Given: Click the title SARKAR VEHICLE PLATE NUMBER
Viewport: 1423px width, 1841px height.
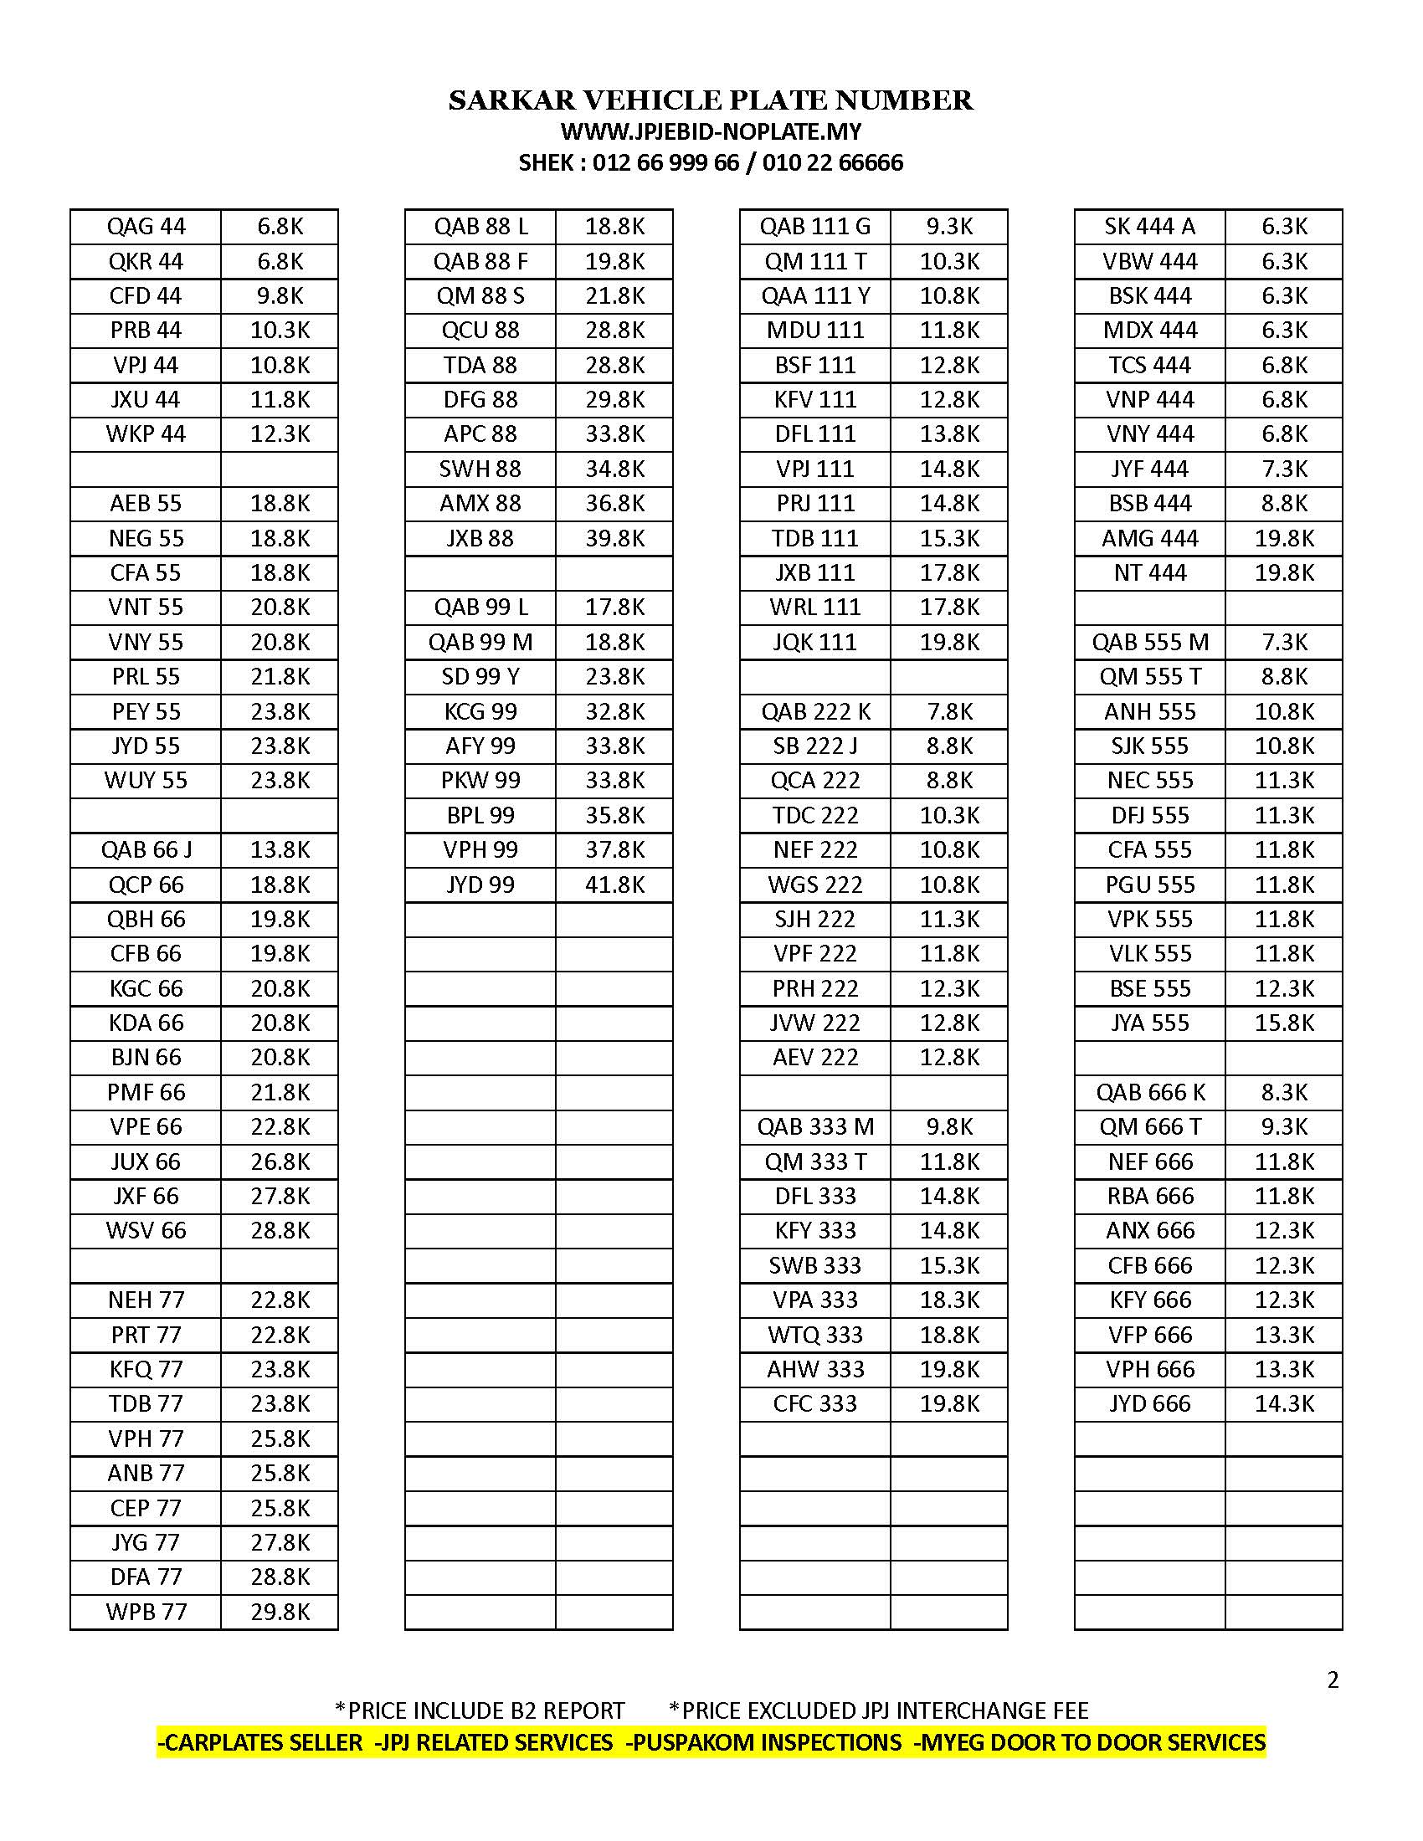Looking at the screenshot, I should tap(711, 100).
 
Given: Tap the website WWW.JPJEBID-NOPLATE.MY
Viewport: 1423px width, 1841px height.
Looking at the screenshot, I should tap(711, 131).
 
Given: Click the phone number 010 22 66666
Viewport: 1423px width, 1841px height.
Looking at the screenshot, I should tap(832, 162).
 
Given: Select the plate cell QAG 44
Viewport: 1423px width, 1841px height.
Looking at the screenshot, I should tap(146, 227).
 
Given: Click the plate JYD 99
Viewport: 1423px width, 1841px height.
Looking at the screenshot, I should tap(480, 885).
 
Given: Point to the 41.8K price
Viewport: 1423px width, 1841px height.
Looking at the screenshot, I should tap(614, 885).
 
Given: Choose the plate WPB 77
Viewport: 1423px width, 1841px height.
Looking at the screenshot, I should tap(146, 1612).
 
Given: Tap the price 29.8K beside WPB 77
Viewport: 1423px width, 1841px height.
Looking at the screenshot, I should tap(280, 1612).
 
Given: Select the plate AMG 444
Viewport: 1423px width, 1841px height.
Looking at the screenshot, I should tap(1150, 538).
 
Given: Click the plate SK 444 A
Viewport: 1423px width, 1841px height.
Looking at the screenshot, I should tap(1150, 227).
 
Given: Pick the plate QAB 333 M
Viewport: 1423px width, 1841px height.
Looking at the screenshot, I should tap(815, 1127).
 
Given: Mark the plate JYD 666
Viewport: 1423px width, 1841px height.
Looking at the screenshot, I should tap(1150, 1403).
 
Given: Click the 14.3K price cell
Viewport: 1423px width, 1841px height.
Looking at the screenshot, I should tap(1284, 1403).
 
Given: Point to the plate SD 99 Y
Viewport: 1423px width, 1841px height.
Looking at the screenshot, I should tap(480, 677).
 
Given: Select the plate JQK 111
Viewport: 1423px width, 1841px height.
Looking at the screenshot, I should tap(815, 643).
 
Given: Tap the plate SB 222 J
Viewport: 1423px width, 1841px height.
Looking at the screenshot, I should tap(815, 746).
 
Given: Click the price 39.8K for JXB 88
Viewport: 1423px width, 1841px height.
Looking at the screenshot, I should tap(614, 538).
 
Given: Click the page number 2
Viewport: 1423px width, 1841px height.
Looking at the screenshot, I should tap(1333, 1680).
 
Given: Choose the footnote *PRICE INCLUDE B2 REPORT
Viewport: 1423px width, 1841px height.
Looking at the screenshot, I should tap(480, 1710).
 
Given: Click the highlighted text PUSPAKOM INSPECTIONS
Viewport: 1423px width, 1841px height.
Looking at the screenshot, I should tap(765, 1742).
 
